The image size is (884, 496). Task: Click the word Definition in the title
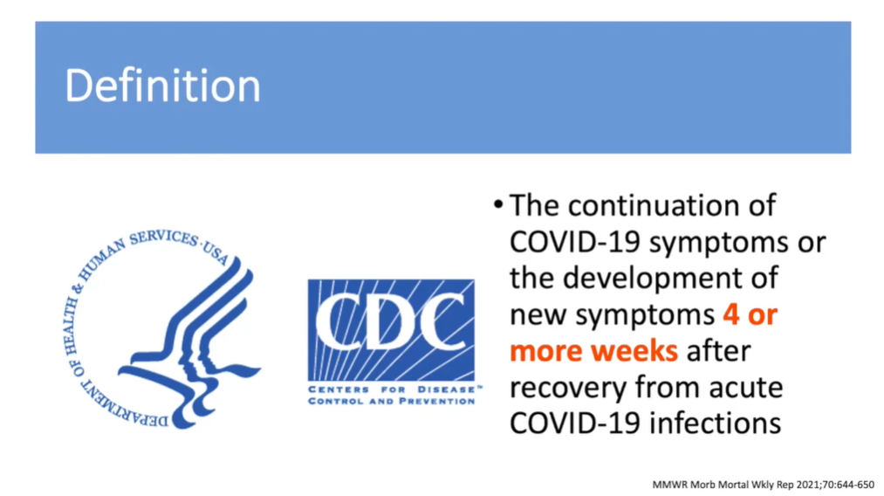pos(162,86)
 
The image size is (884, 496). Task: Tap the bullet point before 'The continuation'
pos(497,204)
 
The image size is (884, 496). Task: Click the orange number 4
pos(731,314)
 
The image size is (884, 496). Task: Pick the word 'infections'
pos(715,424)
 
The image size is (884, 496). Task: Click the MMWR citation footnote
pos(763,485)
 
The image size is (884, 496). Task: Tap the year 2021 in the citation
pos(812,485)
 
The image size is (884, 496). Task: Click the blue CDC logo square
pos(391,330)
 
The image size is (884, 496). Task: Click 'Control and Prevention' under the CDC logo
pos(392,401)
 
